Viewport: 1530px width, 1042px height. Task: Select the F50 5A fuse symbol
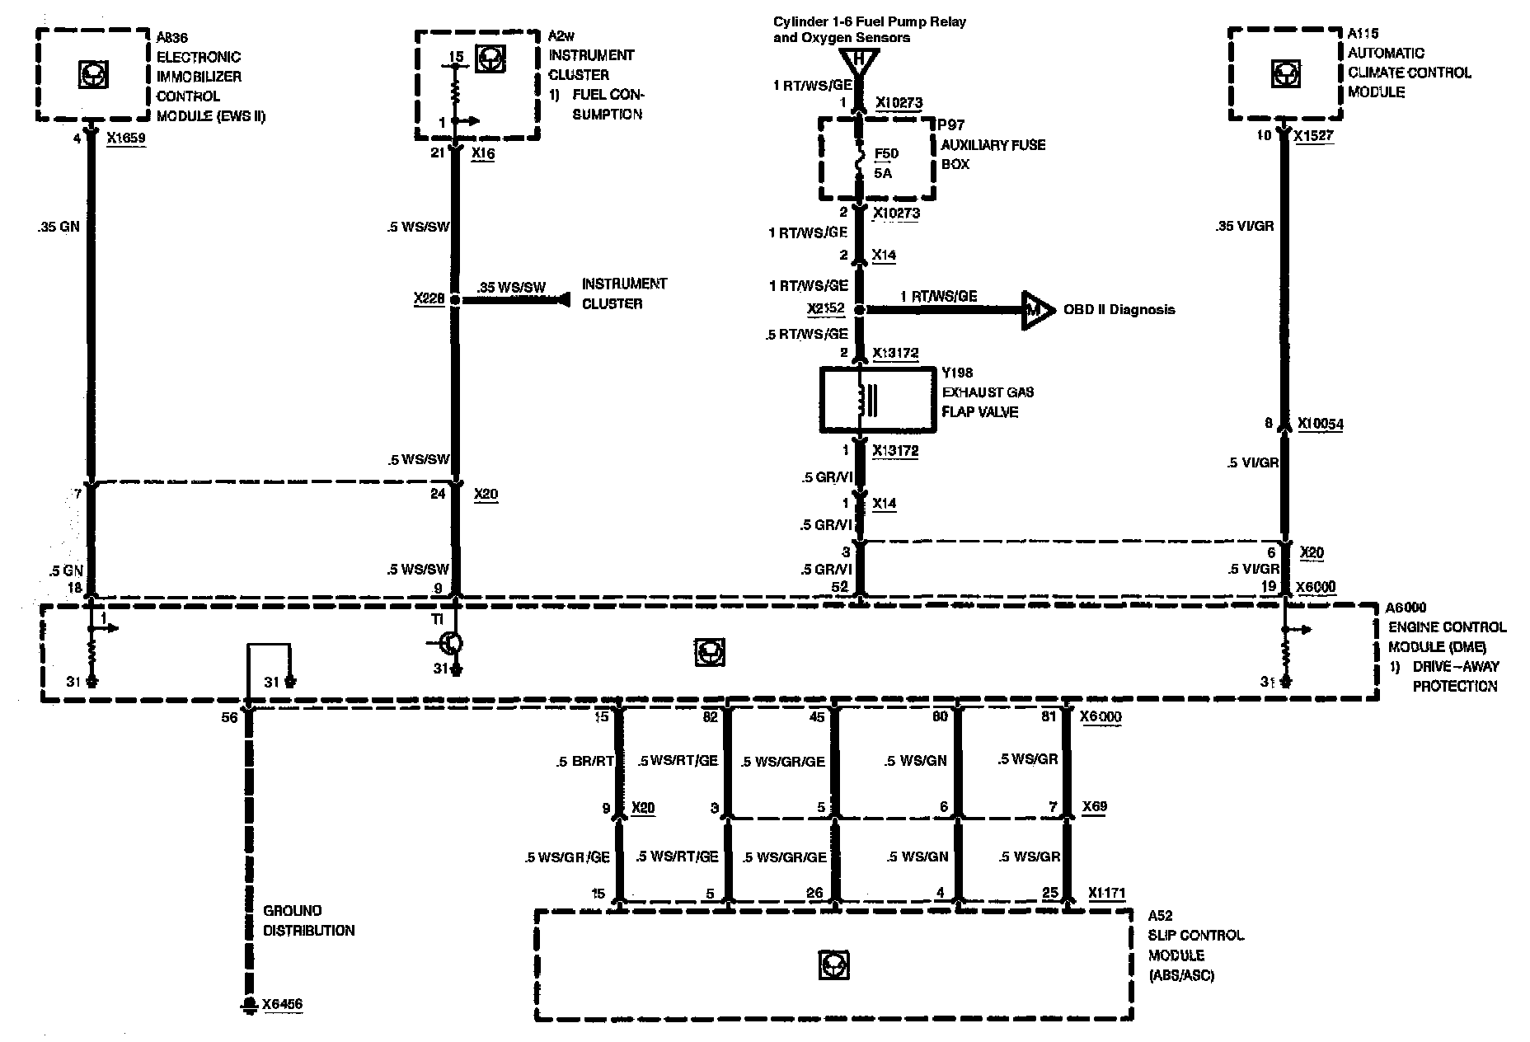tap(860, 163)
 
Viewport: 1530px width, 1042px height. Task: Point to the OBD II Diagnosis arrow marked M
tap(1037, 310)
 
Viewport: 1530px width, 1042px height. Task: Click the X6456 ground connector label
tap(282, 1005)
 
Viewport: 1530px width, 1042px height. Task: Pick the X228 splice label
tap(429, 298)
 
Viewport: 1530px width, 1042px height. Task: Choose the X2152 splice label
tap(825, 310)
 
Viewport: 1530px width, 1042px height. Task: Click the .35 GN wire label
tap(59, 227)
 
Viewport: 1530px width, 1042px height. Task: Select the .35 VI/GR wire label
tap(1244, 225)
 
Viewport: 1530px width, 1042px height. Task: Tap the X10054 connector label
tap(1320, 424)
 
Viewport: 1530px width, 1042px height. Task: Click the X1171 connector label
tap(1106, 893)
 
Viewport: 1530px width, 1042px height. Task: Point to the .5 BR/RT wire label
tap(584, 762)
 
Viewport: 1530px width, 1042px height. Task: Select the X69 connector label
tap(1094, 806)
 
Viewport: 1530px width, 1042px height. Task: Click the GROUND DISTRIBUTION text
tap(308, 921)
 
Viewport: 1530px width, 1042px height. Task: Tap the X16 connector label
tap(483, 153)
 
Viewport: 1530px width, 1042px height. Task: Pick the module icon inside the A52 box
tap(833, 965)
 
